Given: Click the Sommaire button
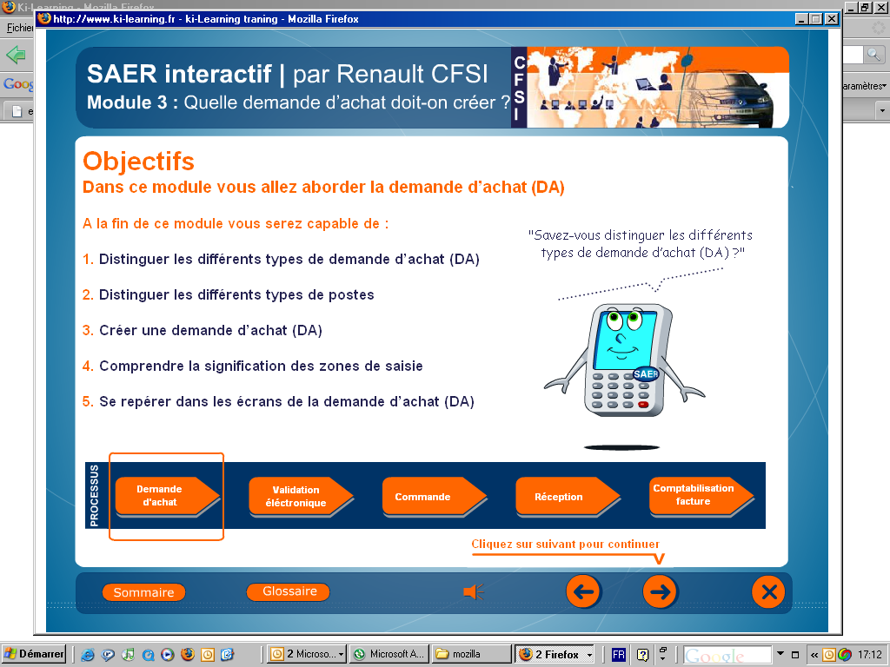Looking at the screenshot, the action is tap(143, 592).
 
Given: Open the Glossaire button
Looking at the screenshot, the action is tap(289, 591).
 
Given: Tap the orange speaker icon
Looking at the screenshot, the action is tap(474, 592).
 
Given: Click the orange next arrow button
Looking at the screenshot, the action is tap(660, 592).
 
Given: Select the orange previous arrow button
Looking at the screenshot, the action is tap(583, 592).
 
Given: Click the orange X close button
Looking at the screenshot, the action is tap(768, 592).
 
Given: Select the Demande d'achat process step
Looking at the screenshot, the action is tap(167, 496).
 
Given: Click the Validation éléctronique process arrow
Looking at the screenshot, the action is tap(301, 496).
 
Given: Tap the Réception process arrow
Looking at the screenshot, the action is tap(568, 496).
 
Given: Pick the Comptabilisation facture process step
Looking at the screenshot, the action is tap(701, 496).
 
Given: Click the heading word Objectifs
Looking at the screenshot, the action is tap(138, 162).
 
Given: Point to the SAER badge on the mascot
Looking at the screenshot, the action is tap(646, 373).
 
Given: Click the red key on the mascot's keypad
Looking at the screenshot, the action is tap(643, 405).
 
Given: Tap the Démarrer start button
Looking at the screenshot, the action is tap(34, 654).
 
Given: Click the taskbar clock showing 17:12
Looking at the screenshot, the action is tap(869, 655).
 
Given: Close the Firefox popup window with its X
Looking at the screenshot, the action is tap(832, 19).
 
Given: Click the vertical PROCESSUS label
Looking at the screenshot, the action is tap(94, 495).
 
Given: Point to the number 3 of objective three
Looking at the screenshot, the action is tap(87, 330).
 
